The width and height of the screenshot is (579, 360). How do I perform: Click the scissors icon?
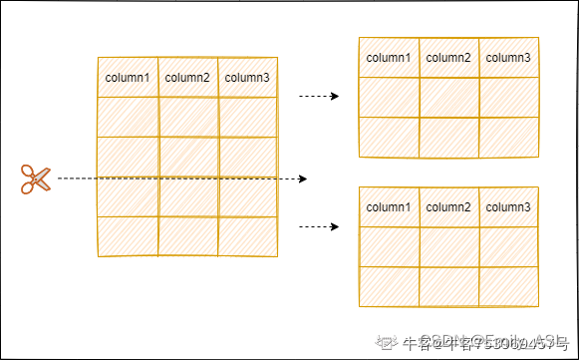[34, 179]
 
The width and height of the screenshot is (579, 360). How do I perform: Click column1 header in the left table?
[128, 77]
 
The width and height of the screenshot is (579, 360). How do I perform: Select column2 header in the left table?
[187, 77]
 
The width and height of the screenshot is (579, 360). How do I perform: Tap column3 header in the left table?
[247, 77]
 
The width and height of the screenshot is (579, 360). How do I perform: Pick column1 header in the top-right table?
[389, 58]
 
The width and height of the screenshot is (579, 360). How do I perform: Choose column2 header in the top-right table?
[448, 58]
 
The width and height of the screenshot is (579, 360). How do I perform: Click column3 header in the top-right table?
[508, 58]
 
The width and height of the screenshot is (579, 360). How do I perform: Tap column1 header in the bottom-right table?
[389, 206]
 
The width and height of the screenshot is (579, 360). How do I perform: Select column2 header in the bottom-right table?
[448, 206]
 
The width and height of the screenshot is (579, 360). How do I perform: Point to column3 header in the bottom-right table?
[508, 206]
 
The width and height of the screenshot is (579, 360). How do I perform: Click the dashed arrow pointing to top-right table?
[319, 97]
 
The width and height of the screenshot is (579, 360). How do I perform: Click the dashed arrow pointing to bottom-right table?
[319, 226]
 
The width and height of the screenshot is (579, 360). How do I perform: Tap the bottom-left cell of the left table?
[128, 236]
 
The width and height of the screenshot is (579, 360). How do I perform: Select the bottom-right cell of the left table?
[247, 236]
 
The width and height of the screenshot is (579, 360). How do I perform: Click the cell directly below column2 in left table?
[187, 117]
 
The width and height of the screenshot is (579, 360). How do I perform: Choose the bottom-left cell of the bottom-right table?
[389, 286]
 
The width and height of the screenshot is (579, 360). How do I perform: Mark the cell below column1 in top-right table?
[389, 97]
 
